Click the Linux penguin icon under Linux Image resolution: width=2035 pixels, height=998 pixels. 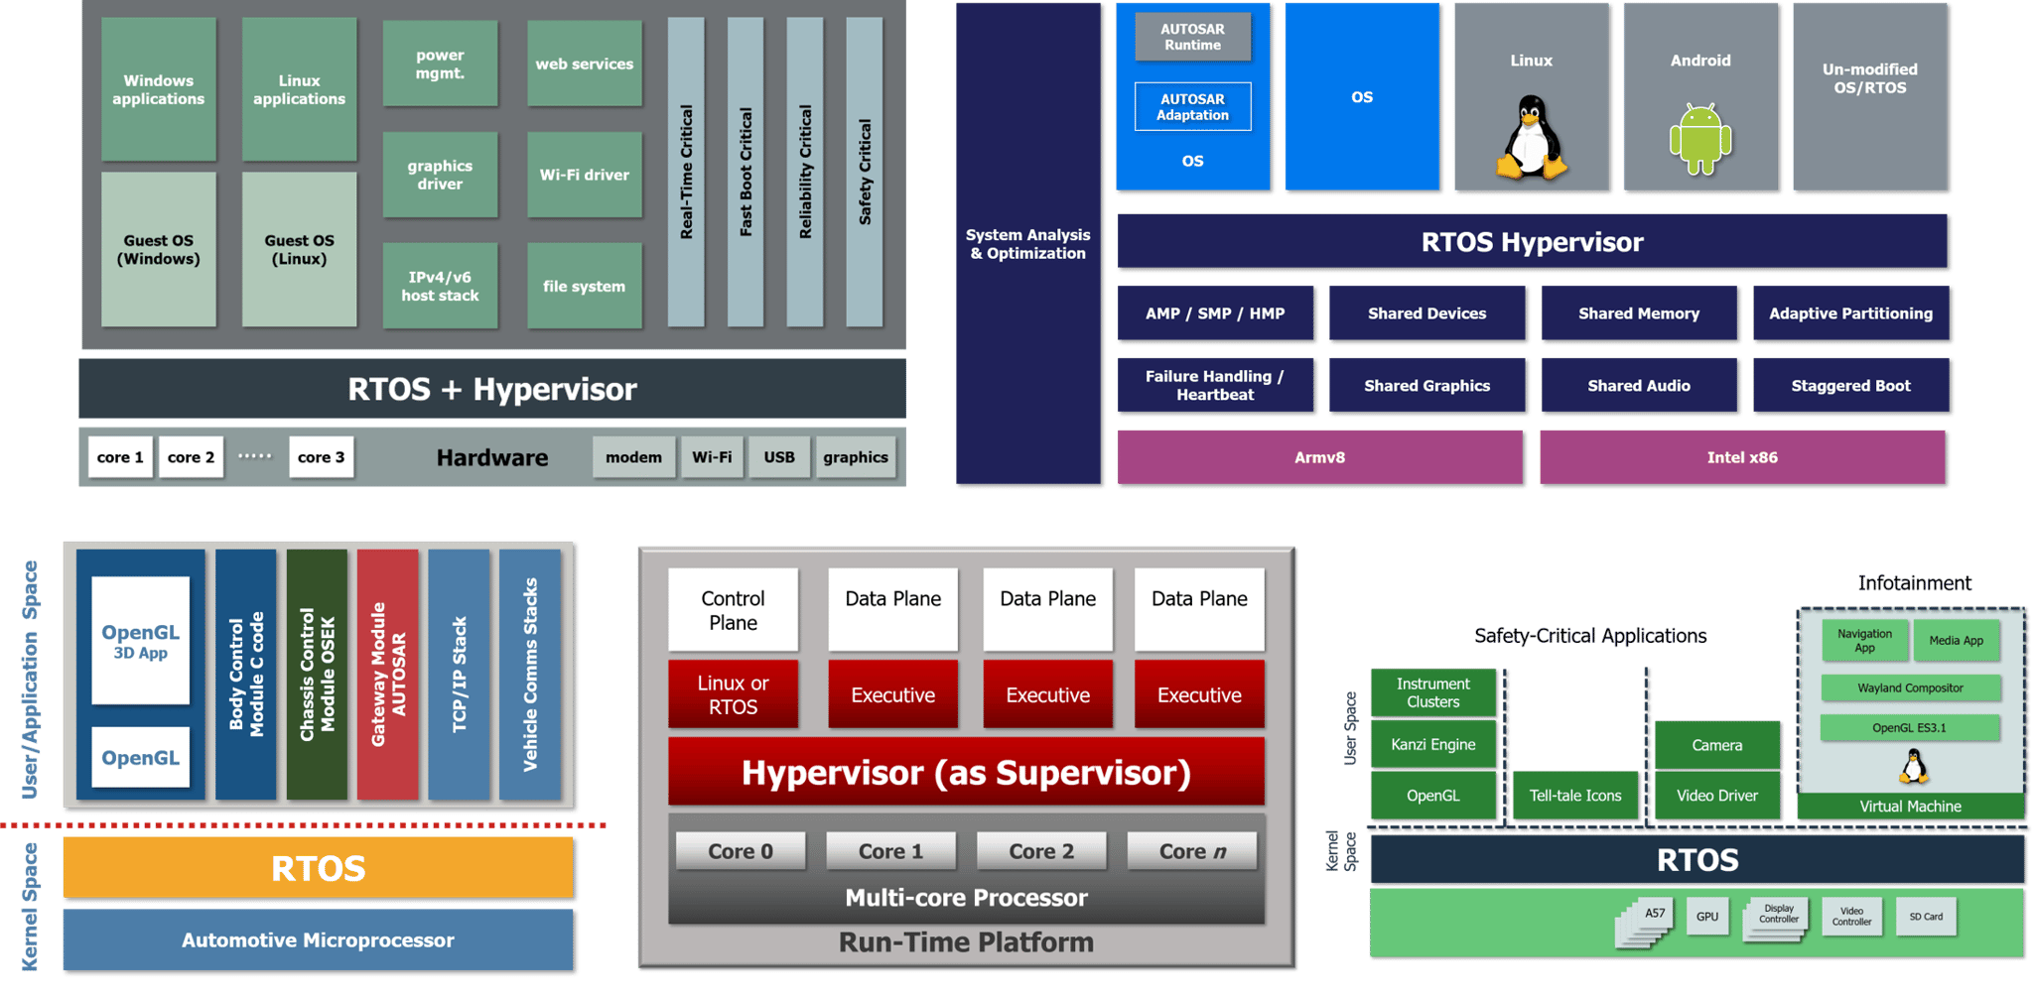(x=1531, y=139)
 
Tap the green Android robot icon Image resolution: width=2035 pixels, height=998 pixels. (x=1700, y=139)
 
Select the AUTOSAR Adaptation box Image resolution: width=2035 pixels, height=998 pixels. (x=1192, y=107)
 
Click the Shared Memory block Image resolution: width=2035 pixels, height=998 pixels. (x=1639, y=313)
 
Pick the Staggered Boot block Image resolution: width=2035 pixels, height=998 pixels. (x=1850, y=386)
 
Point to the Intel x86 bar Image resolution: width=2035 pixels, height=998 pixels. (x=1742, y=457)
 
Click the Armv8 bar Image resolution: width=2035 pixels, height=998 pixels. (x=1319, y=457)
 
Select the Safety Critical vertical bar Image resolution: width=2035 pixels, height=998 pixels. (x=865, y=173)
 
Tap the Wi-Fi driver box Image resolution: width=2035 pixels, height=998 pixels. (x=584, y=175)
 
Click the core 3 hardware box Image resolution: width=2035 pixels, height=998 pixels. (x=321, y=457)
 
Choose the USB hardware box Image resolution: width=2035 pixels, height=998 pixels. (x=779, y=457)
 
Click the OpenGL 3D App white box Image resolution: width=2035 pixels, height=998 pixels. (x=140, y=641)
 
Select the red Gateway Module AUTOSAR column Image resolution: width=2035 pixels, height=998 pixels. (x=388, y=675)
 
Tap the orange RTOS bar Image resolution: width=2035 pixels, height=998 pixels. (x=318, y=868)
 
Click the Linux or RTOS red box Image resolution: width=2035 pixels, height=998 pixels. (x=733, y=694)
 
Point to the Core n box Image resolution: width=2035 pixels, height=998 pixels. (x=1192, y=851)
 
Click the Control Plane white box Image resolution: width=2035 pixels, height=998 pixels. (x=733, y=610)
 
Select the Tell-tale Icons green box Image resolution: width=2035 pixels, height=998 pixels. (x=1574, y=796)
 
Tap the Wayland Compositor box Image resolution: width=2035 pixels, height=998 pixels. (x=1910, y=687)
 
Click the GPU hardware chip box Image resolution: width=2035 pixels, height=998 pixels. (x=1706, y=917)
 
